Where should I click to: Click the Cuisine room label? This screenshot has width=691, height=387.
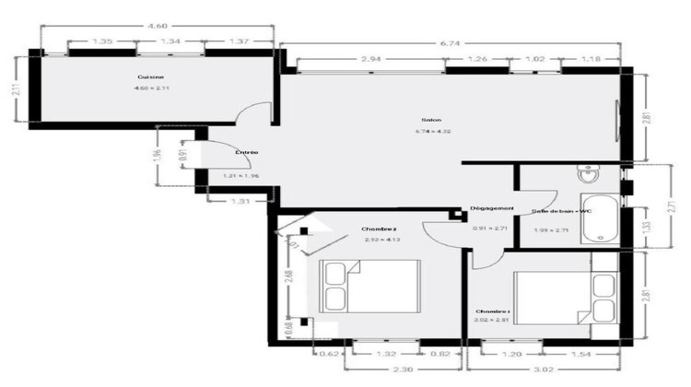(x=151, y=77)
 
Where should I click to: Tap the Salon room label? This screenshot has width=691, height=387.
(x=430, y=121)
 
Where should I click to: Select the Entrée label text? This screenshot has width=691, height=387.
(x=246, y=152)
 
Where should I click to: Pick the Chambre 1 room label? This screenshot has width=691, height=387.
(x=492, y=311)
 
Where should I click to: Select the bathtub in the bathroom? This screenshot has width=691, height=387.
(x=600, y=217)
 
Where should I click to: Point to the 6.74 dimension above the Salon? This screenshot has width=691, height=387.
(x=450, y=42)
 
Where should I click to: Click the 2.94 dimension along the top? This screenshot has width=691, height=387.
(x=370, y=60)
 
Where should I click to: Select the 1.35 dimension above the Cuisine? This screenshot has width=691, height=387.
(x=103, y=41)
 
